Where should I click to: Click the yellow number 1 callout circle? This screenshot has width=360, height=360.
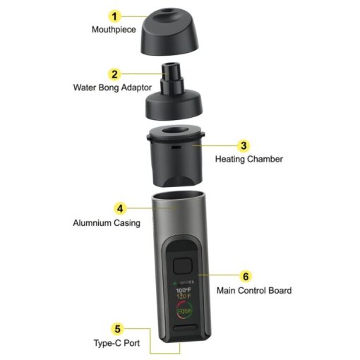(x=114, y=16)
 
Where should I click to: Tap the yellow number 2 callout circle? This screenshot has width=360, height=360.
(x=114, y=74)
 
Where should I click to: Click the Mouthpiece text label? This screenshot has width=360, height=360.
(x=114, y=30)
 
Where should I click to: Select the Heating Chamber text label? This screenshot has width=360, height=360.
(x=248, y=160)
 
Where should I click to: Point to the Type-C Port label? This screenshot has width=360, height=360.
(x=118, y=343)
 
